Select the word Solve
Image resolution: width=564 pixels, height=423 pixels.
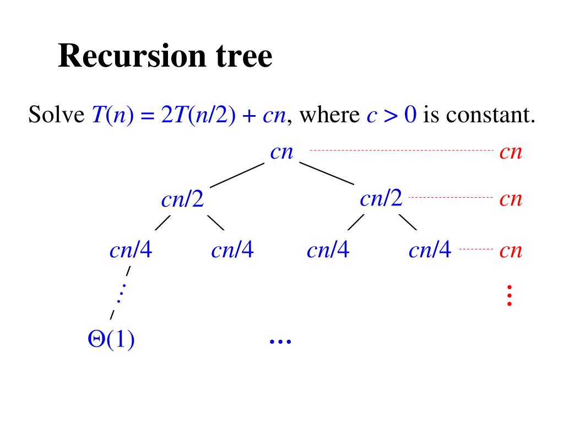[56, 116]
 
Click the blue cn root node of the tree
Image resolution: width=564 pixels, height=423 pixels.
[282, 152]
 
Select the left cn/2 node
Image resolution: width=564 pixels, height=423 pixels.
[182, 199]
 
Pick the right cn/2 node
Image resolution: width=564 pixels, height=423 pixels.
[381, 198]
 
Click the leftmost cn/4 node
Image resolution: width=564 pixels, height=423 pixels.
[131, 251]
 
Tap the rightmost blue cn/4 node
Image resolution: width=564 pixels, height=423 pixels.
[430, 251]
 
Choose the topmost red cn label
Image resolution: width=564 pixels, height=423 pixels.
[511, 152]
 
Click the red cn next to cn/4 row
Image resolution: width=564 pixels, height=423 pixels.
[511, 251]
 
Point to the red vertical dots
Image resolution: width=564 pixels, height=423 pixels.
[509, 295]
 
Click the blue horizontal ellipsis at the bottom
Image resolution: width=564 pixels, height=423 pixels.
[280, 341]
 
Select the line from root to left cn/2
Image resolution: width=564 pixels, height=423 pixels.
[237, 176]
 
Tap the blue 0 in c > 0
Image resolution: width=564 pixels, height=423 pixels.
[409, 116]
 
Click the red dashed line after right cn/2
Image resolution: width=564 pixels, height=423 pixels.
[451, 197]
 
